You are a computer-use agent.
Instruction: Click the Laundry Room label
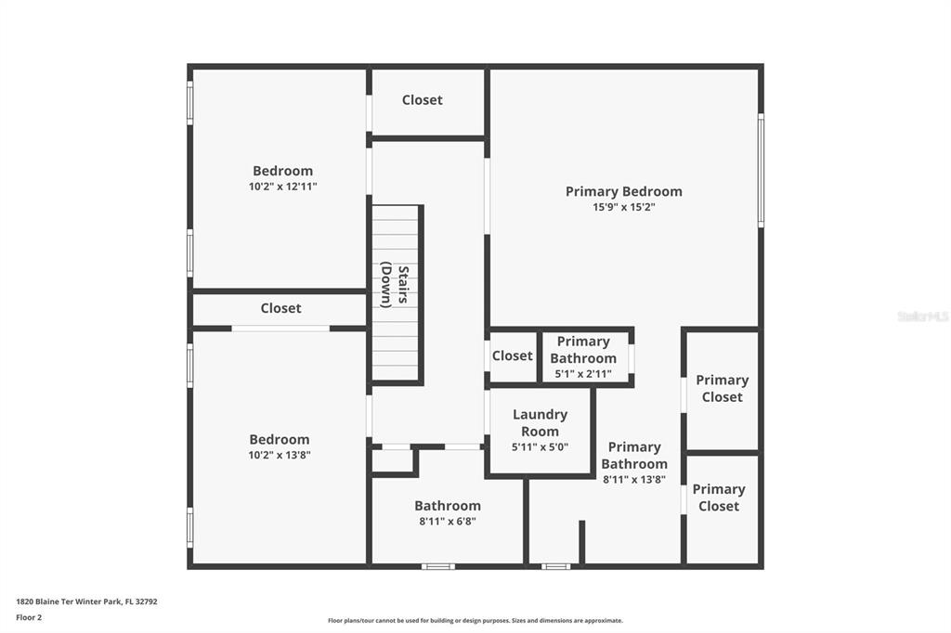pos(540,422)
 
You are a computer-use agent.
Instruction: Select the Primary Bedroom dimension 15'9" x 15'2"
pos(623,207)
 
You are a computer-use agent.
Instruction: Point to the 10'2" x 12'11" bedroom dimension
pos(282,187)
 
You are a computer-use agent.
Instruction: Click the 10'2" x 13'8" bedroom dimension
pos(279,455)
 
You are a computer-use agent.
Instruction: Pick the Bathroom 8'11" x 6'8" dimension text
pos(448,521)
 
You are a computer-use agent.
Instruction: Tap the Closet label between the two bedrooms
pos(280,308)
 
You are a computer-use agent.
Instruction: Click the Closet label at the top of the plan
pos(423,99)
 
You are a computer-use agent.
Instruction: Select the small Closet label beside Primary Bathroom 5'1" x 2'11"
pos(513,355)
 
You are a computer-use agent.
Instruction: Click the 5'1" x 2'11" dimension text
pos(583,373)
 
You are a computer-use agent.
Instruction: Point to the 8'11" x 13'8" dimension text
pos(633,479)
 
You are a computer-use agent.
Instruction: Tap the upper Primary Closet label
pos(722,388)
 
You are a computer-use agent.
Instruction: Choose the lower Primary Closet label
pos(719,497)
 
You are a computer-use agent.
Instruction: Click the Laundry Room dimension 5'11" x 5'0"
pos(540,446)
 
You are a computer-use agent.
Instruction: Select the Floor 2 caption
pos(29,617)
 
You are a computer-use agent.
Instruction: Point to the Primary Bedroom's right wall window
pos(761,171)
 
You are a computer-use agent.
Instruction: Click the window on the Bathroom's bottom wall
pos(438,566)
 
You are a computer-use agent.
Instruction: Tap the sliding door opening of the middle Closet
pos(280,328)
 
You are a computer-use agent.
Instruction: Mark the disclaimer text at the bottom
pos(475,620)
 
